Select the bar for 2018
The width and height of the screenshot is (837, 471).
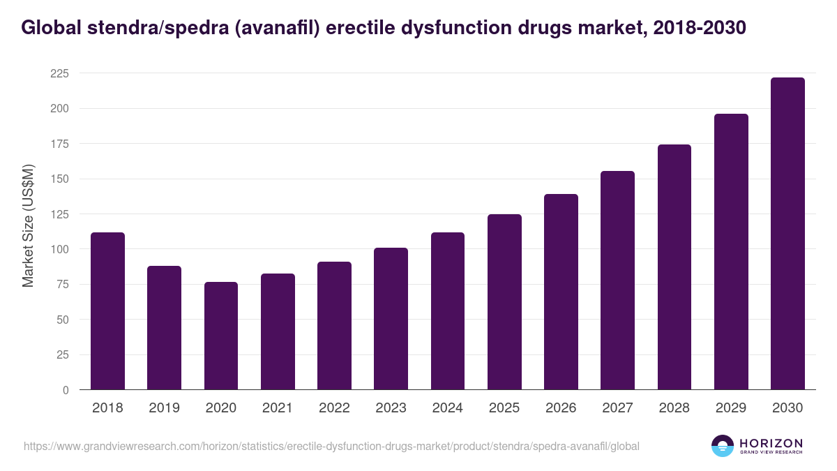pos(107,311)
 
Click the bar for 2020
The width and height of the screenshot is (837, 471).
pos(221,336)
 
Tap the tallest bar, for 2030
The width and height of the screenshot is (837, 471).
pos(787,234)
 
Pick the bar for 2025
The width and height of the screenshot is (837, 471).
pos(504,302)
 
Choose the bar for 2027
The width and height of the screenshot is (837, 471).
pos(617,281)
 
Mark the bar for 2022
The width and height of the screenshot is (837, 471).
pos(334,326)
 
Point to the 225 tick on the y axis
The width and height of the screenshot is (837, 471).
pos(61,73)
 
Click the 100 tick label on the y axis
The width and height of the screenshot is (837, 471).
pos(61,249)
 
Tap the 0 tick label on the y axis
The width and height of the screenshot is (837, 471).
pos(65,390)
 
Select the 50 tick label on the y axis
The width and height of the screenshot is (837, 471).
pos(63,320)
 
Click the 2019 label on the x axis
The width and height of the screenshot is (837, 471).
pos(164,408)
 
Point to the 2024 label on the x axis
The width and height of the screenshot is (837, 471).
pos(448,408)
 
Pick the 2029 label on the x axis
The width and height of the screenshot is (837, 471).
pos(731,408)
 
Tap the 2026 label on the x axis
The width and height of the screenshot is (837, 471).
pos(561,408)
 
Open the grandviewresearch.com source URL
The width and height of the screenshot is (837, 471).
pos(331,446)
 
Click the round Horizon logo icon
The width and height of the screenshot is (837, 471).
pos(723,446)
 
